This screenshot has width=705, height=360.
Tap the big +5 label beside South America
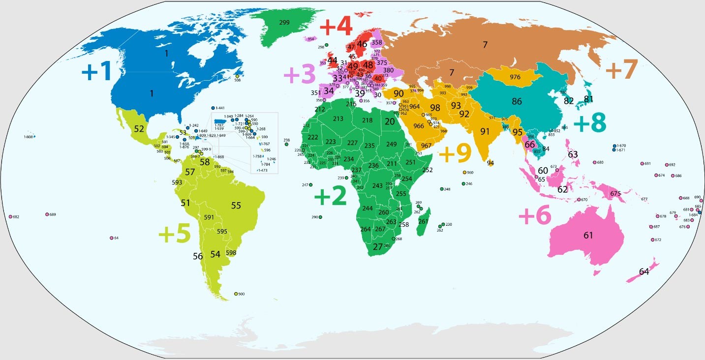click(174, 235)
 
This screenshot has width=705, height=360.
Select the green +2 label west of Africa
click(330, 197)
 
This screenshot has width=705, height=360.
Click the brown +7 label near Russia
click(621, 69)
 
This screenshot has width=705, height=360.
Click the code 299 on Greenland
click(284, 23)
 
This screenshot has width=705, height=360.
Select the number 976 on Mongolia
click(515, 77)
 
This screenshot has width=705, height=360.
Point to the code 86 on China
click(517, 102)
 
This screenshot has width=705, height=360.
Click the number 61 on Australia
click(588, 235)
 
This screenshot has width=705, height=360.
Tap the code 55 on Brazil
click(236, 206)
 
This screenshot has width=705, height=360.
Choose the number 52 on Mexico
click(139, 129)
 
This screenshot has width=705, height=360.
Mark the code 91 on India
click(485, 131)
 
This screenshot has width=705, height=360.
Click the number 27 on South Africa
click(377, 246)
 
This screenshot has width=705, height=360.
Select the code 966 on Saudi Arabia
click(419, 126)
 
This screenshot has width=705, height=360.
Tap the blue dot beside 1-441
click(213, 108)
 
